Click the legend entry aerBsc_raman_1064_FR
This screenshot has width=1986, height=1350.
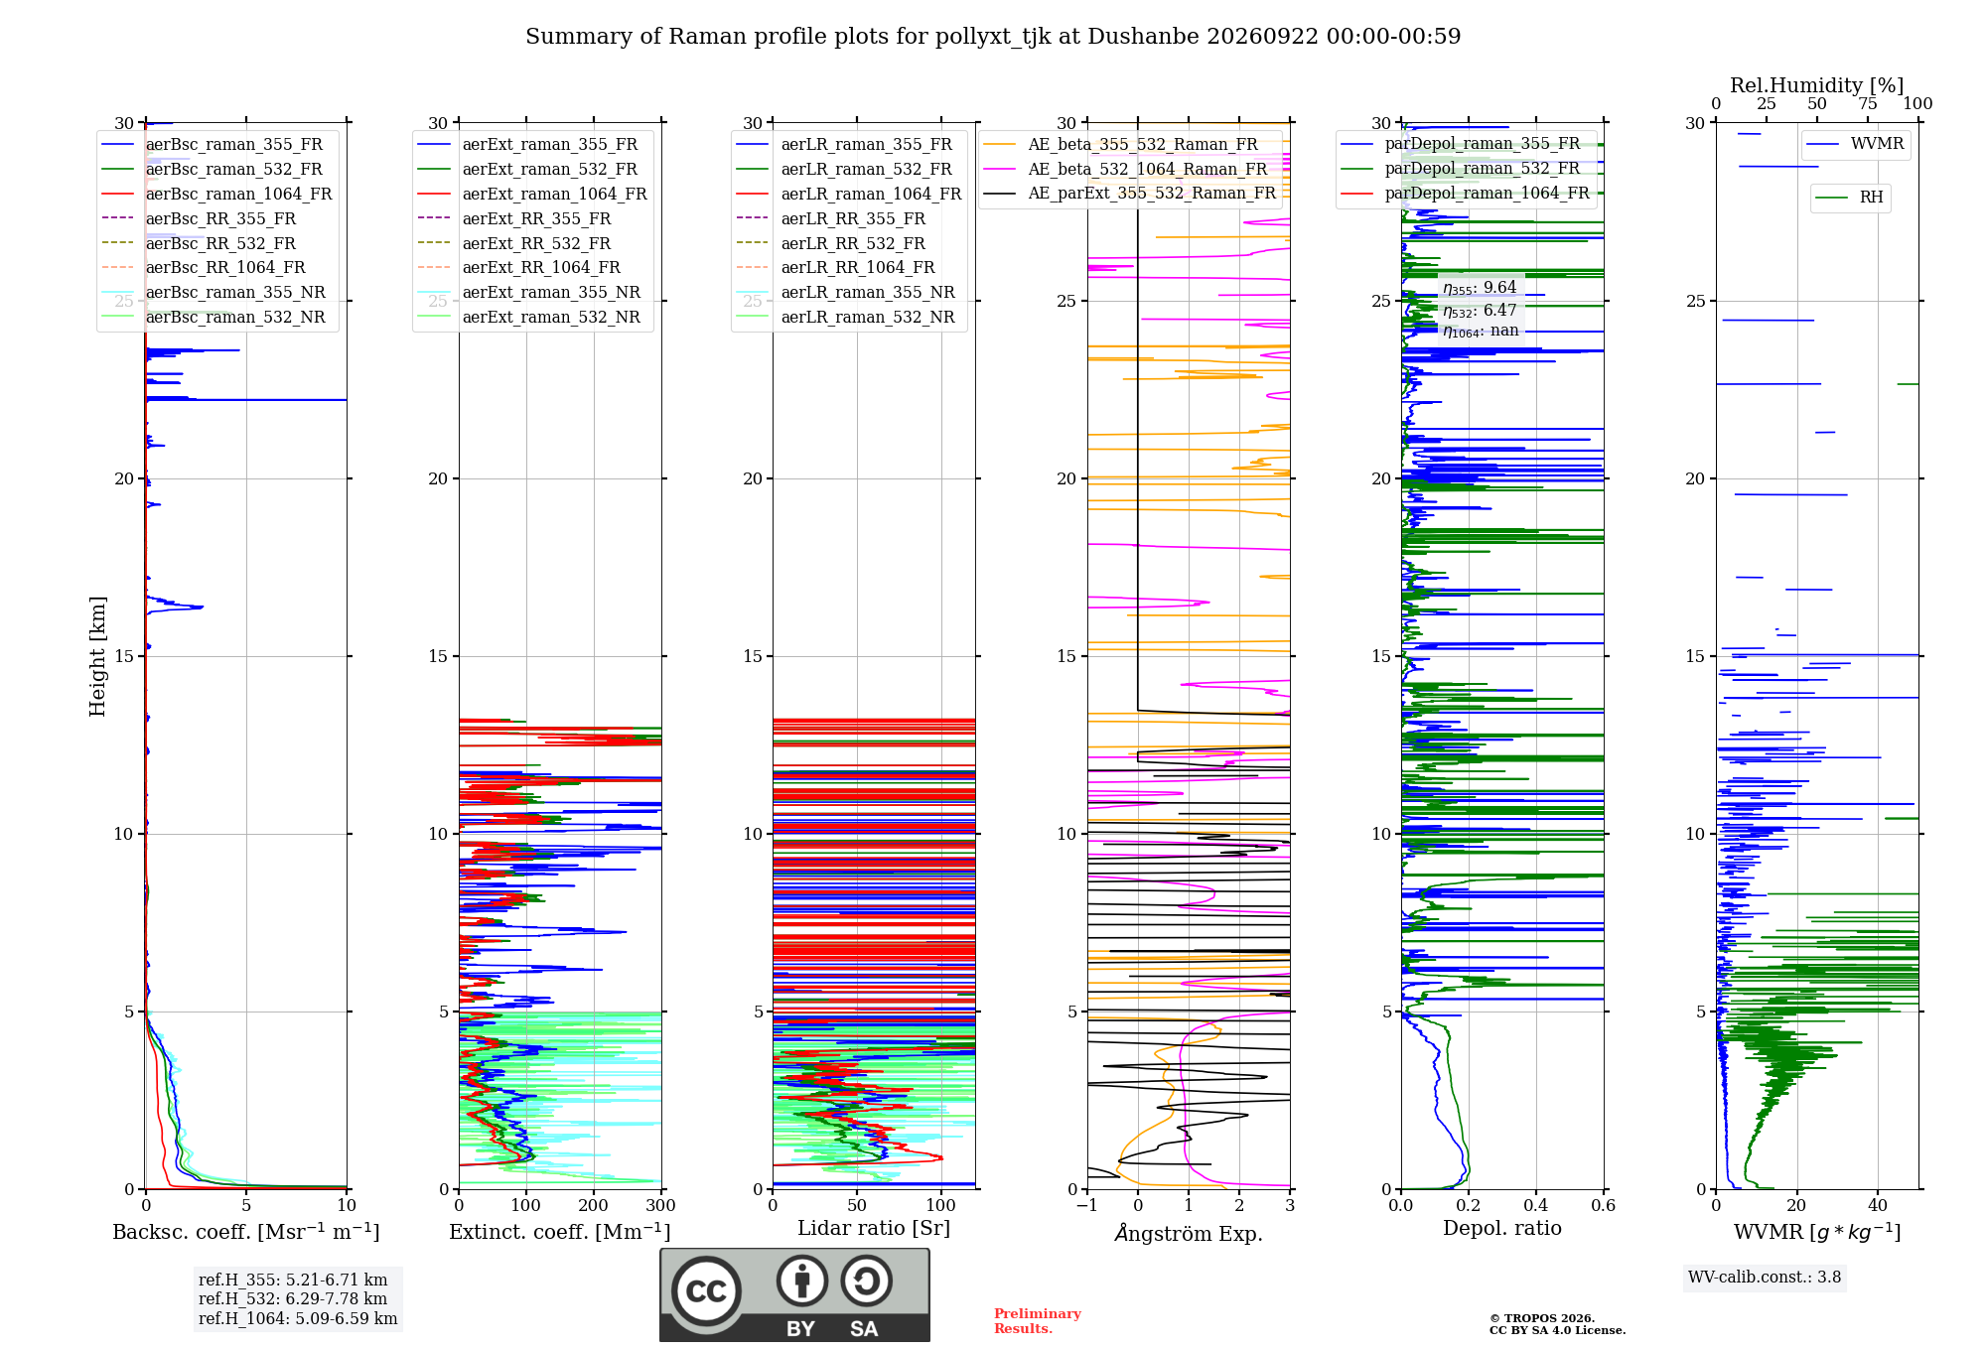tap(238, 194)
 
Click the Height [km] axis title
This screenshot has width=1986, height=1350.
tap(97, 656)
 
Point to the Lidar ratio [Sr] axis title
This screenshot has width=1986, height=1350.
tap(874, 1228)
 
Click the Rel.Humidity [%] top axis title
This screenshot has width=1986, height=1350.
tap(1817, 85)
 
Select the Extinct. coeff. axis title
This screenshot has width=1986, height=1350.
tap(560, 1232)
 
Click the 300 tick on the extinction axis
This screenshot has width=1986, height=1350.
tap(661, 1205)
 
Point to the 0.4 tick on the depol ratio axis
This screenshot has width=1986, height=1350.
tap(1536, 1205)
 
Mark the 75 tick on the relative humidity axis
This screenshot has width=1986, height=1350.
tap(1868, 103)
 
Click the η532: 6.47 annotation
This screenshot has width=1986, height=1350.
tap(1480, 310)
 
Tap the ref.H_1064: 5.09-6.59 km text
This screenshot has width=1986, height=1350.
tap(298, 1318)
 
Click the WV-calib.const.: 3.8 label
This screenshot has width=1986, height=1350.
tap(1765, 1277)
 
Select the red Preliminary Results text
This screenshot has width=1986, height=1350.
tap(1038, 1321)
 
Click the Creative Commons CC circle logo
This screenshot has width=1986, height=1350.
tap(706, 1290)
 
